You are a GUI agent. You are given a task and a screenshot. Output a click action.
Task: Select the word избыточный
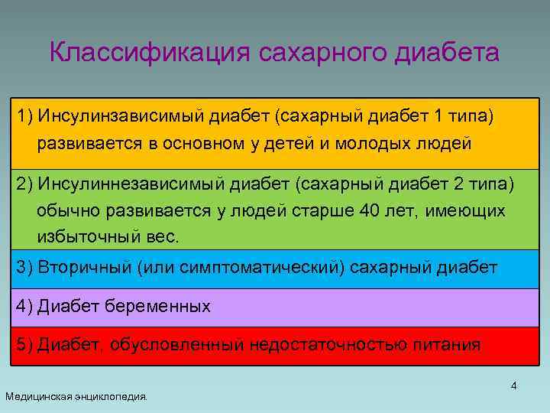tap(89, 236)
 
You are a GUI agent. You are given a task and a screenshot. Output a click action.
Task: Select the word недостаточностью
tap(329, 345)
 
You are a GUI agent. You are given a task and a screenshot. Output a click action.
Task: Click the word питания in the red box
tap(448, 345)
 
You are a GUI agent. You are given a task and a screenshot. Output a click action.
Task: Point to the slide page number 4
tap(513, 385)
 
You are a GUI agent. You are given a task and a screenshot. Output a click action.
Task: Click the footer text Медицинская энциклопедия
tap(77, 396)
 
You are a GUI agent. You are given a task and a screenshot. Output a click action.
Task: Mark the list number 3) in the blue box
tap(25, 268)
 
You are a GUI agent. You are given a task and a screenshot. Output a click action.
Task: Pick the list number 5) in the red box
tap(25, 345)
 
